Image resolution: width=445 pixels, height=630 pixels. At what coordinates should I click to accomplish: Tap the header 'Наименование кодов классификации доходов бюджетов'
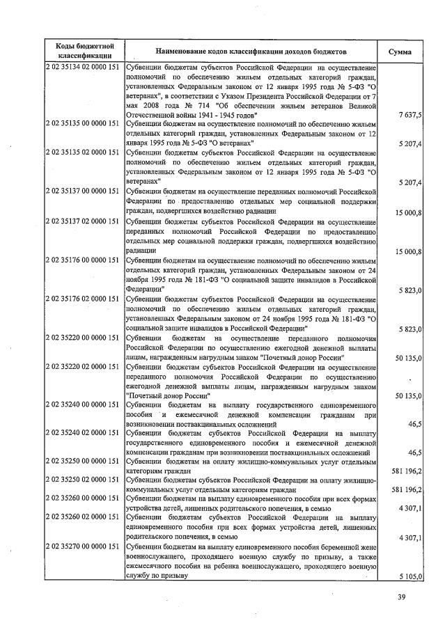[251, 52]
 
